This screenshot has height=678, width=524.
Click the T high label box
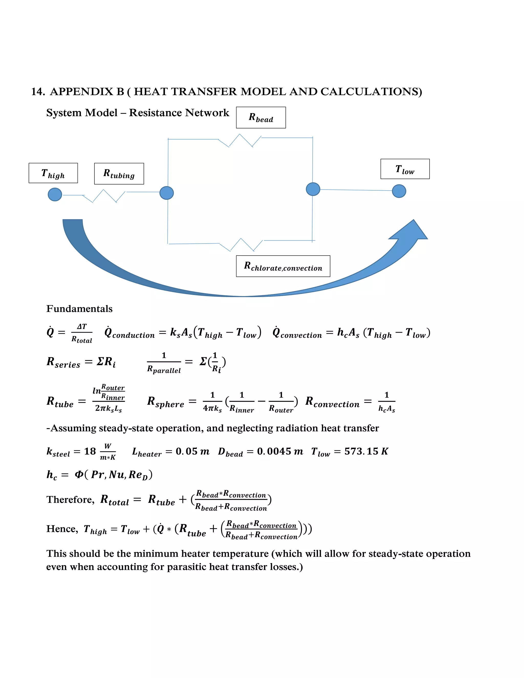(x=53, y=173)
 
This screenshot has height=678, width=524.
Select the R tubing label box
(x=119, y=173)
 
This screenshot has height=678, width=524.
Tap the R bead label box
(x=261, y=118)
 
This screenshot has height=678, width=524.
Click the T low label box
(x=405, y=169)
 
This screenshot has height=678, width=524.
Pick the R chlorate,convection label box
(x=283, y=266)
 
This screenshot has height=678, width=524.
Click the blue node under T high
(x=55, y=195)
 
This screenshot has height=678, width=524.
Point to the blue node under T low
(x=399, y=191)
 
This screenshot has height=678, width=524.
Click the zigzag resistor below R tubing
(x=105, y=196)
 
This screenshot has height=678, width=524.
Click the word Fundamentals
(x=80, y=309)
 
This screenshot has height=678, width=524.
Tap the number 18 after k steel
(x=90, y=451)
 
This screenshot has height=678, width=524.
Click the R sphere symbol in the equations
(x=166, y=402)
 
